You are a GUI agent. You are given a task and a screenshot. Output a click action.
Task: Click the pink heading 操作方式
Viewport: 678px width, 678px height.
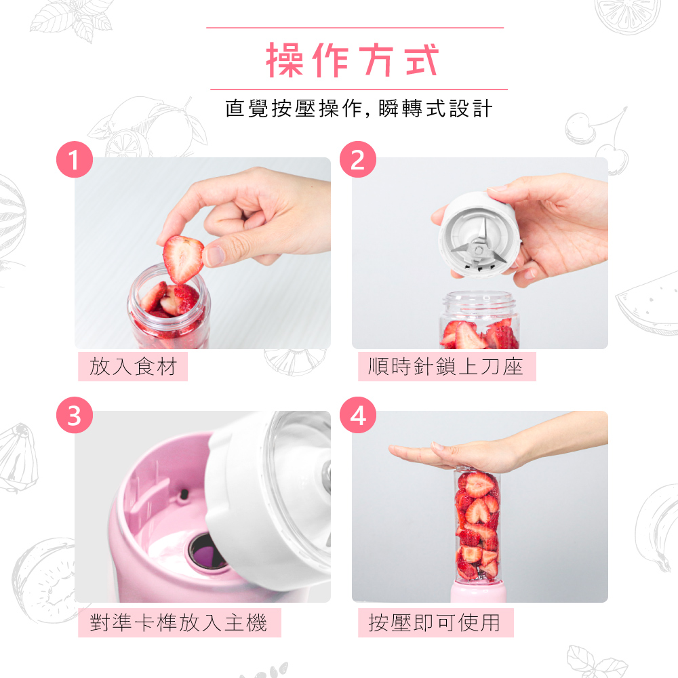353,60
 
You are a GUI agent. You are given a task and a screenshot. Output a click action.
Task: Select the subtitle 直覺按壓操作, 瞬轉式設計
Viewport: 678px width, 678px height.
359,108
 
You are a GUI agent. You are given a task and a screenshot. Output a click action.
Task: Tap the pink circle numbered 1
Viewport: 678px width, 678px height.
75,159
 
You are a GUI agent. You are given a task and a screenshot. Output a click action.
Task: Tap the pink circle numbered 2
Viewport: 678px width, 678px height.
357,159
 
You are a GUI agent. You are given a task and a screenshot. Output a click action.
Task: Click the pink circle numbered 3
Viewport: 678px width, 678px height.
75,415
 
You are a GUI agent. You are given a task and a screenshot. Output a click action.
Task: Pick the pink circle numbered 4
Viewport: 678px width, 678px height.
357,415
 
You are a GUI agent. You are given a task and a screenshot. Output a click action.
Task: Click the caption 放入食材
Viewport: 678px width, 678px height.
133,367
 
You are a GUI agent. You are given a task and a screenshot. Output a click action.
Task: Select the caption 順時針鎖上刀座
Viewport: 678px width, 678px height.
446,367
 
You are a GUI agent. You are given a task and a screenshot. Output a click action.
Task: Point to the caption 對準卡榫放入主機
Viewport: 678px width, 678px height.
178,622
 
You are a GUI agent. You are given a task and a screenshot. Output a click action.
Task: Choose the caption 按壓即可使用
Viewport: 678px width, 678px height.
434,622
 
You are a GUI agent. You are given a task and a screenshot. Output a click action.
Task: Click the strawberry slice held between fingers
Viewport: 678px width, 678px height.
183,258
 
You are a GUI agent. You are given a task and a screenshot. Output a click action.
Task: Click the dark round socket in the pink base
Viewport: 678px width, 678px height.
207,552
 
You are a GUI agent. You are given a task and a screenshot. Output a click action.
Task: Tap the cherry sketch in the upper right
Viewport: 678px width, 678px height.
597,139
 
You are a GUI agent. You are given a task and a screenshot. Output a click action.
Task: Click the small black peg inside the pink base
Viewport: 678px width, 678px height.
184,494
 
